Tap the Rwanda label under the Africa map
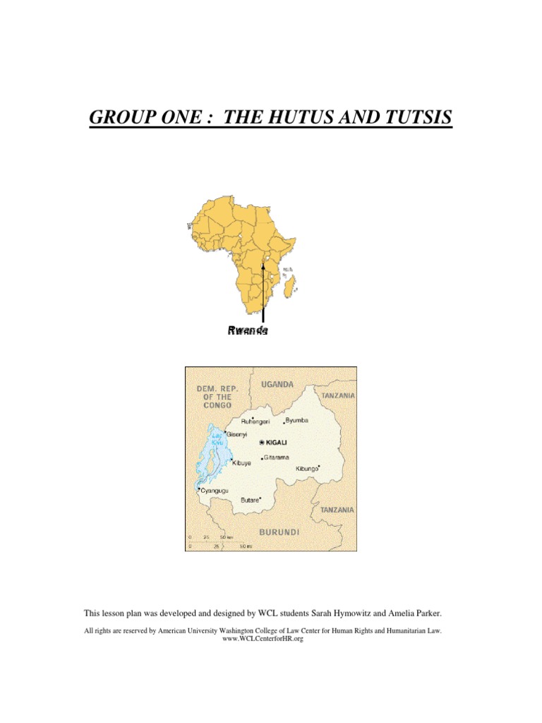point(248,330)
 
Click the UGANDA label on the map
point(278,385)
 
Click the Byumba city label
point(297,420)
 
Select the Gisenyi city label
point(236,435)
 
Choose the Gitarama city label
point(277,458)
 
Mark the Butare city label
point(250,500)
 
